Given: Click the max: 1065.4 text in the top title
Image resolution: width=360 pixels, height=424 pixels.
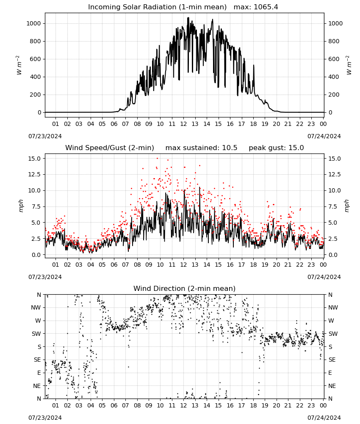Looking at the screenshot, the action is click(255, 7).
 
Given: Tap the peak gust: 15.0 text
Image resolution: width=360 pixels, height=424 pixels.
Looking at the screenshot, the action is click(276, 148).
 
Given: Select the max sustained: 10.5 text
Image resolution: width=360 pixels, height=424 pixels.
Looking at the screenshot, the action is click(201, 148).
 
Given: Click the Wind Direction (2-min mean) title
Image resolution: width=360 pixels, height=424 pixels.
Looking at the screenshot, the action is click(185, 288).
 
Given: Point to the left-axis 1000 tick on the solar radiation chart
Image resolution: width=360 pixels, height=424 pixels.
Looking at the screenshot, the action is click(33, 23).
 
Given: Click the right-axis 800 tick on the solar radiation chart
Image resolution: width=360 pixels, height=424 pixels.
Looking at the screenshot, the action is click(334, 42).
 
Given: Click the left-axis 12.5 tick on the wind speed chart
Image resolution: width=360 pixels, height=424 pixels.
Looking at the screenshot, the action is click(35, 174).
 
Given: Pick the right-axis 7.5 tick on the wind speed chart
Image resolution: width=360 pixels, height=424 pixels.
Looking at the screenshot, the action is click(333, 206).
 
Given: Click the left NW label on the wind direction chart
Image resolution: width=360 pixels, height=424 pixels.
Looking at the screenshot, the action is click(36, 308).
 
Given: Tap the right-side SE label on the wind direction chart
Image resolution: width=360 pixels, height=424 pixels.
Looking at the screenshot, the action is click(332, 360).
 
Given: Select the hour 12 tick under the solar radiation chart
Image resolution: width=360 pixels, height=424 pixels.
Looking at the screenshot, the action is click(183, 124).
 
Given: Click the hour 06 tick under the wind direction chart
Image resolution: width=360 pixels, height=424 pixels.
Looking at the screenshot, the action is click(114, 406).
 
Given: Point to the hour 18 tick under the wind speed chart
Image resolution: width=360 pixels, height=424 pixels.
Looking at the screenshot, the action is click(253, 265).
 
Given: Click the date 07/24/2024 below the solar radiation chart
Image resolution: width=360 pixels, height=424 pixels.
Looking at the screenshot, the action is click(324, 136).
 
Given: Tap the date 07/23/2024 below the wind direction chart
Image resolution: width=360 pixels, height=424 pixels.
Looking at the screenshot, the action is click(45, 418).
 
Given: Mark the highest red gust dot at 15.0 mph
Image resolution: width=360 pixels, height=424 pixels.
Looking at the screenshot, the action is click(158, 159).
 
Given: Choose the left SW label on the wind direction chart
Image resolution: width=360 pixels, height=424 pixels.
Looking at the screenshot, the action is click(36, 334).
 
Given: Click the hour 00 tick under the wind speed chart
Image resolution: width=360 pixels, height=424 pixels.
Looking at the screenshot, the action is click(323, 265).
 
